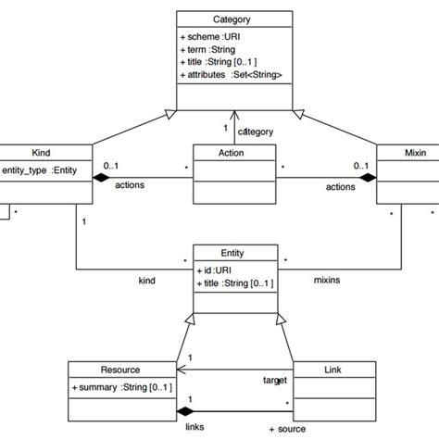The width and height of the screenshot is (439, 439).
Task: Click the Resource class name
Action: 120,369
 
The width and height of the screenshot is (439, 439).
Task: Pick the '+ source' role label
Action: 287,429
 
